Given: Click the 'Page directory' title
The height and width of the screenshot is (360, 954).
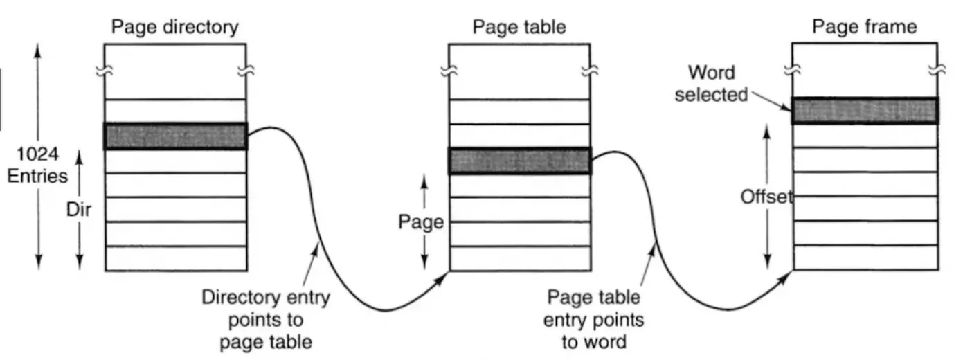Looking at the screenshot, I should (174, 27).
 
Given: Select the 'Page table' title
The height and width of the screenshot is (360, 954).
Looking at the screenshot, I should (519, 27).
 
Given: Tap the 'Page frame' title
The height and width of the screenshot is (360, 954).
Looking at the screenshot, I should (864, 27).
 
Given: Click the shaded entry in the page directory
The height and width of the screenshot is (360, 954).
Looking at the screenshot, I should (175, 136).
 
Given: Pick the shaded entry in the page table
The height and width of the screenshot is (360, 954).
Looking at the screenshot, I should (519, 161).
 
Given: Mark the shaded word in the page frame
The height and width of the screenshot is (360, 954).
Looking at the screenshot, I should (865, 111).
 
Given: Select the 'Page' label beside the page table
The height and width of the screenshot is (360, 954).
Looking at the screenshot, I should (420, 222).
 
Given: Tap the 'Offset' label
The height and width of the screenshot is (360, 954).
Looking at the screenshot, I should (766, 197).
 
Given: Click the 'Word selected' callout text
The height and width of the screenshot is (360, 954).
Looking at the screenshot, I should (711, 83).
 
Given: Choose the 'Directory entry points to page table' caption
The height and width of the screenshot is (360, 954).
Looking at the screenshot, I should (265, 319).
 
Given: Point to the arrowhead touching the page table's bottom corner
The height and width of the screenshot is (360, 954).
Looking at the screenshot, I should (444, 278).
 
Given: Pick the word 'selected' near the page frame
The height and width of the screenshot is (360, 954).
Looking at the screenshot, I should (711, 93).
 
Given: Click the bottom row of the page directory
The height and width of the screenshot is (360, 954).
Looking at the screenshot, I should (175, 258).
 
